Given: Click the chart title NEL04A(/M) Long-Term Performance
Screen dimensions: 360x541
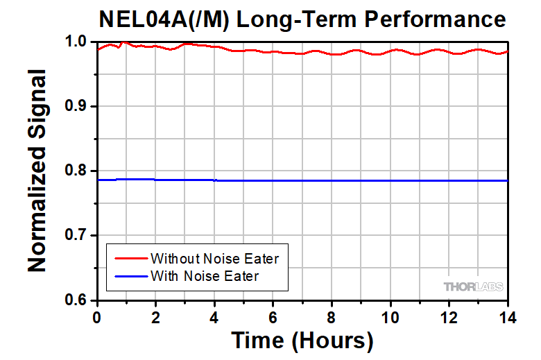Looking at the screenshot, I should click(x=302, y=19).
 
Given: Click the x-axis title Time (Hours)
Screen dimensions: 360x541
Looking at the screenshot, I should click(x=302, y=341).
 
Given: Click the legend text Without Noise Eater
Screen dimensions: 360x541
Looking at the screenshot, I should click(x=214, y=259).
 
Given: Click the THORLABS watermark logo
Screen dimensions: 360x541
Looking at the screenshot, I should click(x=473, y=286).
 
